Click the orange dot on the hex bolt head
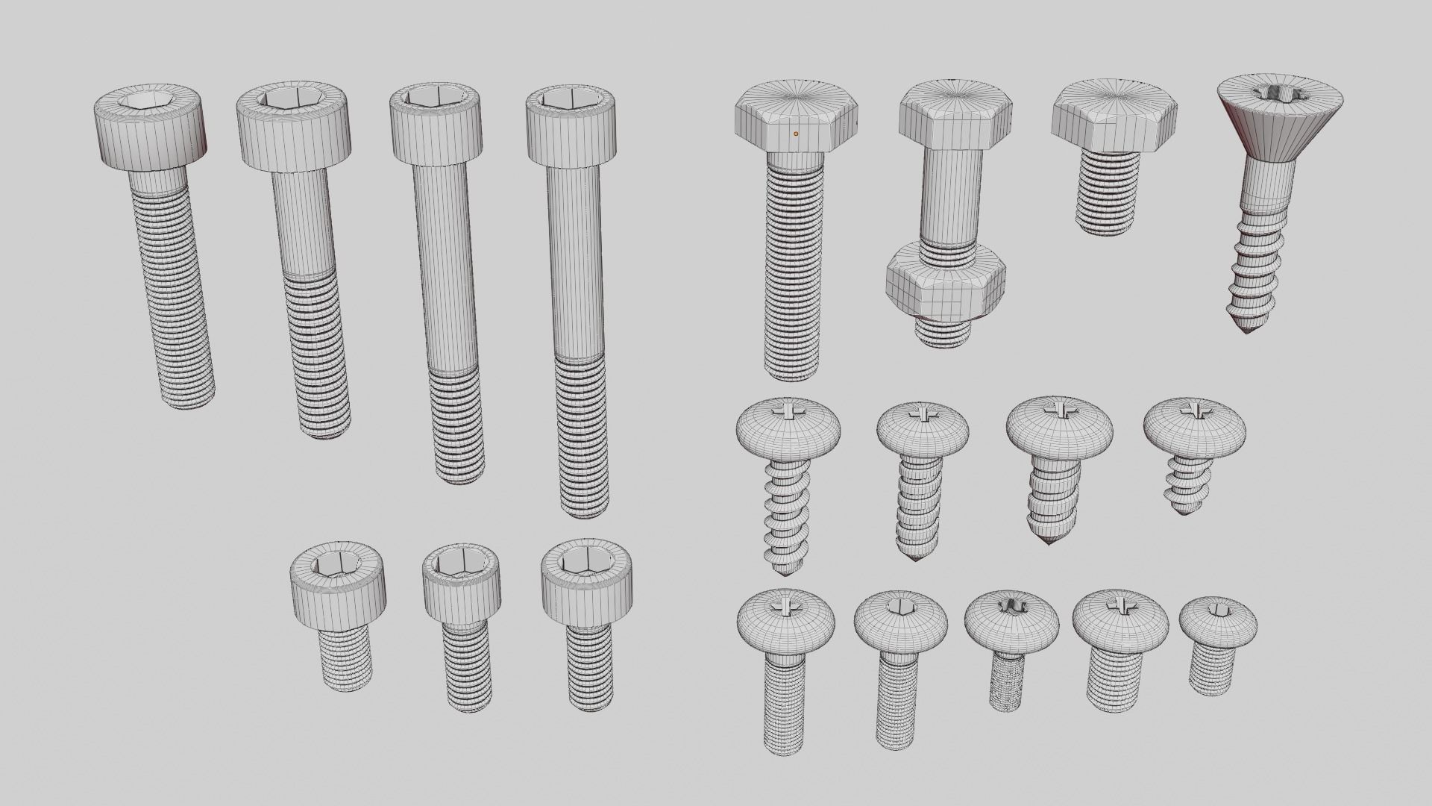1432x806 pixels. pyautogui.click(x=796, y=134)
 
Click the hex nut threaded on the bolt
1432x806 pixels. pyautogui.click(x=946, y=284)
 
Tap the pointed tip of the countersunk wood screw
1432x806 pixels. pyautogui.click(x=1247, y=328)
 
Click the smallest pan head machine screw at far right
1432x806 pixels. pyautogui.click(x=1216, y=642)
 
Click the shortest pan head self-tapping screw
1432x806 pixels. pyautogui.click(x=1193, y=455)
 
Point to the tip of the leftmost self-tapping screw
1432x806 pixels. pyautogui.click(x=783, y=572)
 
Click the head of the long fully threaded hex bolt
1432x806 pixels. pyautogui.click(x=797, y=119)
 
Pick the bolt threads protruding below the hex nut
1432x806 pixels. pyautogui.click(x=943, y=332)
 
